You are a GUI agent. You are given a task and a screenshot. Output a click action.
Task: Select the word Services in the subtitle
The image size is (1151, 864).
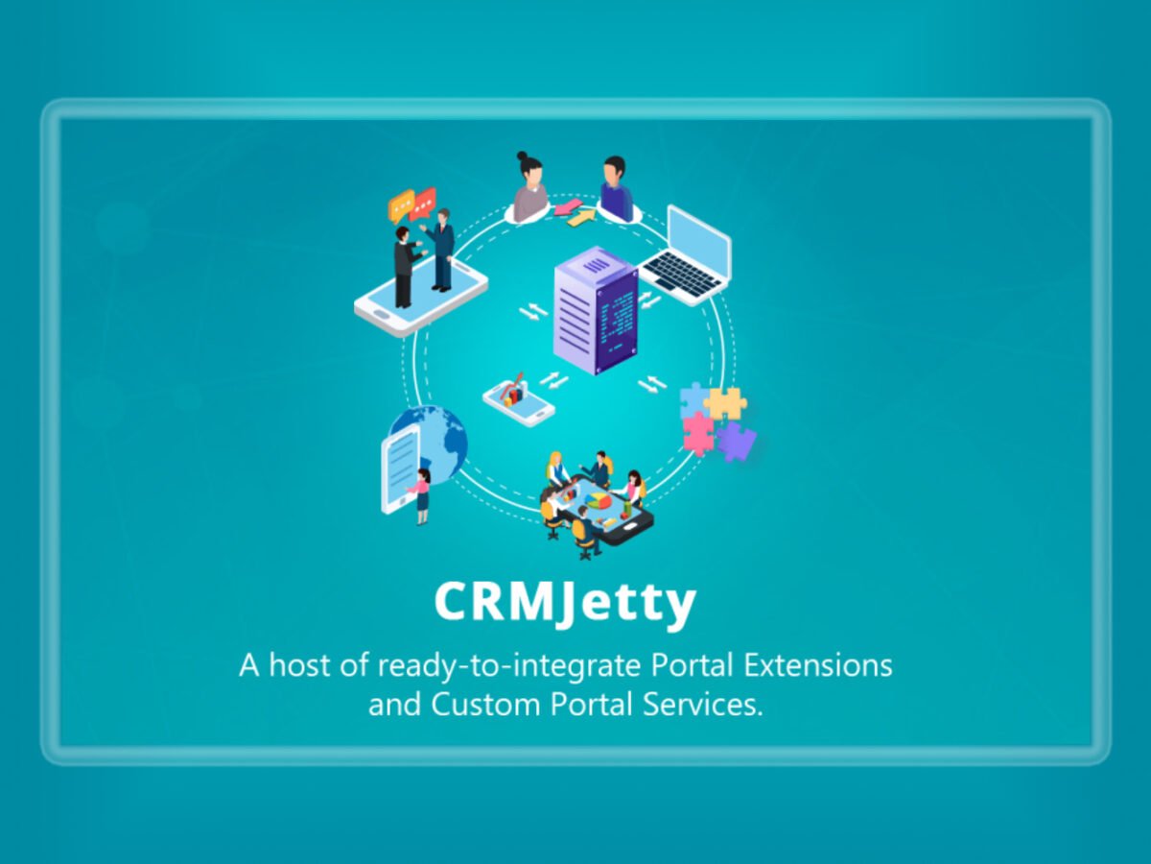703,705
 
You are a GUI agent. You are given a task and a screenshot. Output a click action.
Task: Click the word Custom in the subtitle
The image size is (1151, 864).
485,705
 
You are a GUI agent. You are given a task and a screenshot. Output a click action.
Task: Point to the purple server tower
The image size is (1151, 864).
596,310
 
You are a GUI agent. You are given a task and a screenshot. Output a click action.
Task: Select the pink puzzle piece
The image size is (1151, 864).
698,433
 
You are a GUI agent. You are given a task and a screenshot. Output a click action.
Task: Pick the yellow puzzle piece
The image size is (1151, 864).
726,404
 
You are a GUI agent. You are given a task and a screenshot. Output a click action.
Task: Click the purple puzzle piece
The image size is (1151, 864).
737,442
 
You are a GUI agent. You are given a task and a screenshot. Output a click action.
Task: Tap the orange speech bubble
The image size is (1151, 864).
401,205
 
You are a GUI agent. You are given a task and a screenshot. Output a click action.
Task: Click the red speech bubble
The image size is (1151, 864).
423,204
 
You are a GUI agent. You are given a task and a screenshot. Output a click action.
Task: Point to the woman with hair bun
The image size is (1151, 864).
529,187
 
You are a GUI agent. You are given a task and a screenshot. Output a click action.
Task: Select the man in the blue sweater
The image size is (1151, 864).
617,189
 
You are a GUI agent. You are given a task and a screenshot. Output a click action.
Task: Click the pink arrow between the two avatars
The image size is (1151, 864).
569,207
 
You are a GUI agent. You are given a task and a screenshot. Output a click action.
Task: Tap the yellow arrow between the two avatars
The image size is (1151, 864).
582,218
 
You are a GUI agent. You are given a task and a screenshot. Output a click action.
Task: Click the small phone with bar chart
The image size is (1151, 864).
518,400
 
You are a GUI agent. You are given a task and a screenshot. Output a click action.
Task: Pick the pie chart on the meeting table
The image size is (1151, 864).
599,500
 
